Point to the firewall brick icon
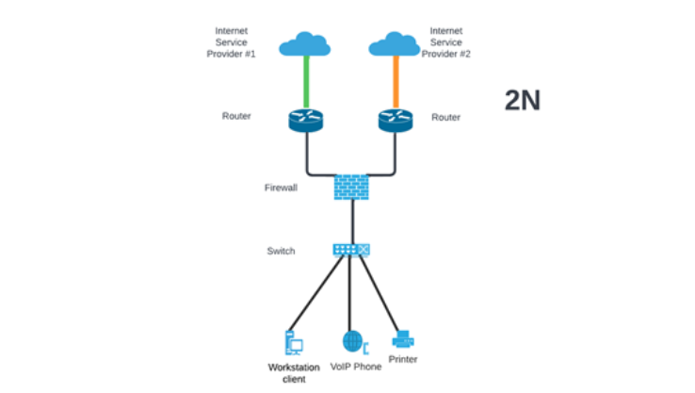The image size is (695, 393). tap(350, 186)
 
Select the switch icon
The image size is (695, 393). tap(350, 250)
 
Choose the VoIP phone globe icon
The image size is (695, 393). tap(351, 340)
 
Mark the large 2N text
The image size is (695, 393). tap(522, 101)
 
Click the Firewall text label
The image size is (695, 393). tap(280, 188)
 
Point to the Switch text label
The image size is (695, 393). tap(281, 251)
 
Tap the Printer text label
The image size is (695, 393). tap(403, 359)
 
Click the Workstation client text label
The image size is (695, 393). tap(295, 371)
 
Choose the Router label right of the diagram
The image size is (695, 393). tap(445, 118)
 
